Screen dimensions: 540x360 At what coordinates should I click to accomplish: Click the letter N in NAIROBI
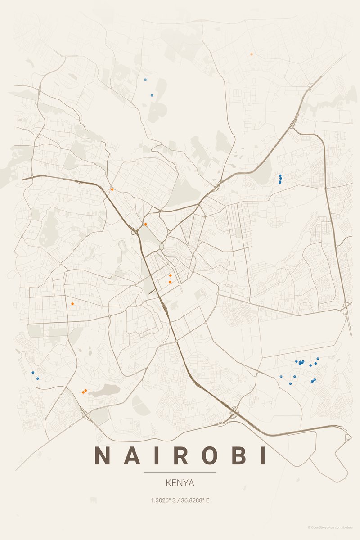point(102,455)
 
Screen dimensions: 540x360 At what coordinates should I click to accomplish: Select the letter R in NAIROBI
point(177,455)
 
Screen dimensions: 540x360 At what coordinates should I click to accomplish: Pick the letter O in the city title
point(205,455)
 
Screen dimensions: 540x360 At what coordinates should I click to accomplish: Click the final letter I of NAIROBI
point(261,455)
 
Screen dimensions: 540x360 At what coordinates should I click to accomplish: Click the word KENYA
point(180,483)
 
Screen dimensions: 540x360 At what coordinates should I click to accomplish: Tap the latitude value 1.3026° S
point(163,500)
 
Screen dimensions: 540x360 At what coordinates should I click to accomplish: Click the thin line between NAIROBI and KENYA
point(180,472)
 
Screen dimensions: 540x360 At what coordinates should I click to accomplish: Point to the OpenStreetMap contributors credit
point(333,527)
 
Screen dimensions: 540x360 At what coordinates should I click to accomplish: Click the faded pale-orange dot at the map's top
point(252,54)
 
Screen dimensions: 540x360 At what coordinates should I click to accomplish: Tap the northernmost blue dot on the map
point(145,80)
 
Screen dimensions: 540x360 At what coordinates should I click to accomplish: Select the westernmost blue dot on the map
point(33,373)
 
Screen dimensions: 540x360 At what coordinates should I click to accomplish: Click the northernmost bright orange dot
point(112,189)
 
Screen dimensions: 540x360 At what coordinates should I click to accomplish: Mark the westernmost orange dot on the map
point(72,304)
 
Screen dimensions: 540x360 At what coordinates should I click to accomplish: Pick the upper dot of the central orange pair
point(170,275)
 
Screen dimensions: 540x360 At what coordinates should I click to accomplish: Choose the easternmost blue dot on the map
point(318,359)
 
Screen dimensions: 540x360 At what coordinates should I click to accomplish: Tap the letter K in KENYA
point(168,483)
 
